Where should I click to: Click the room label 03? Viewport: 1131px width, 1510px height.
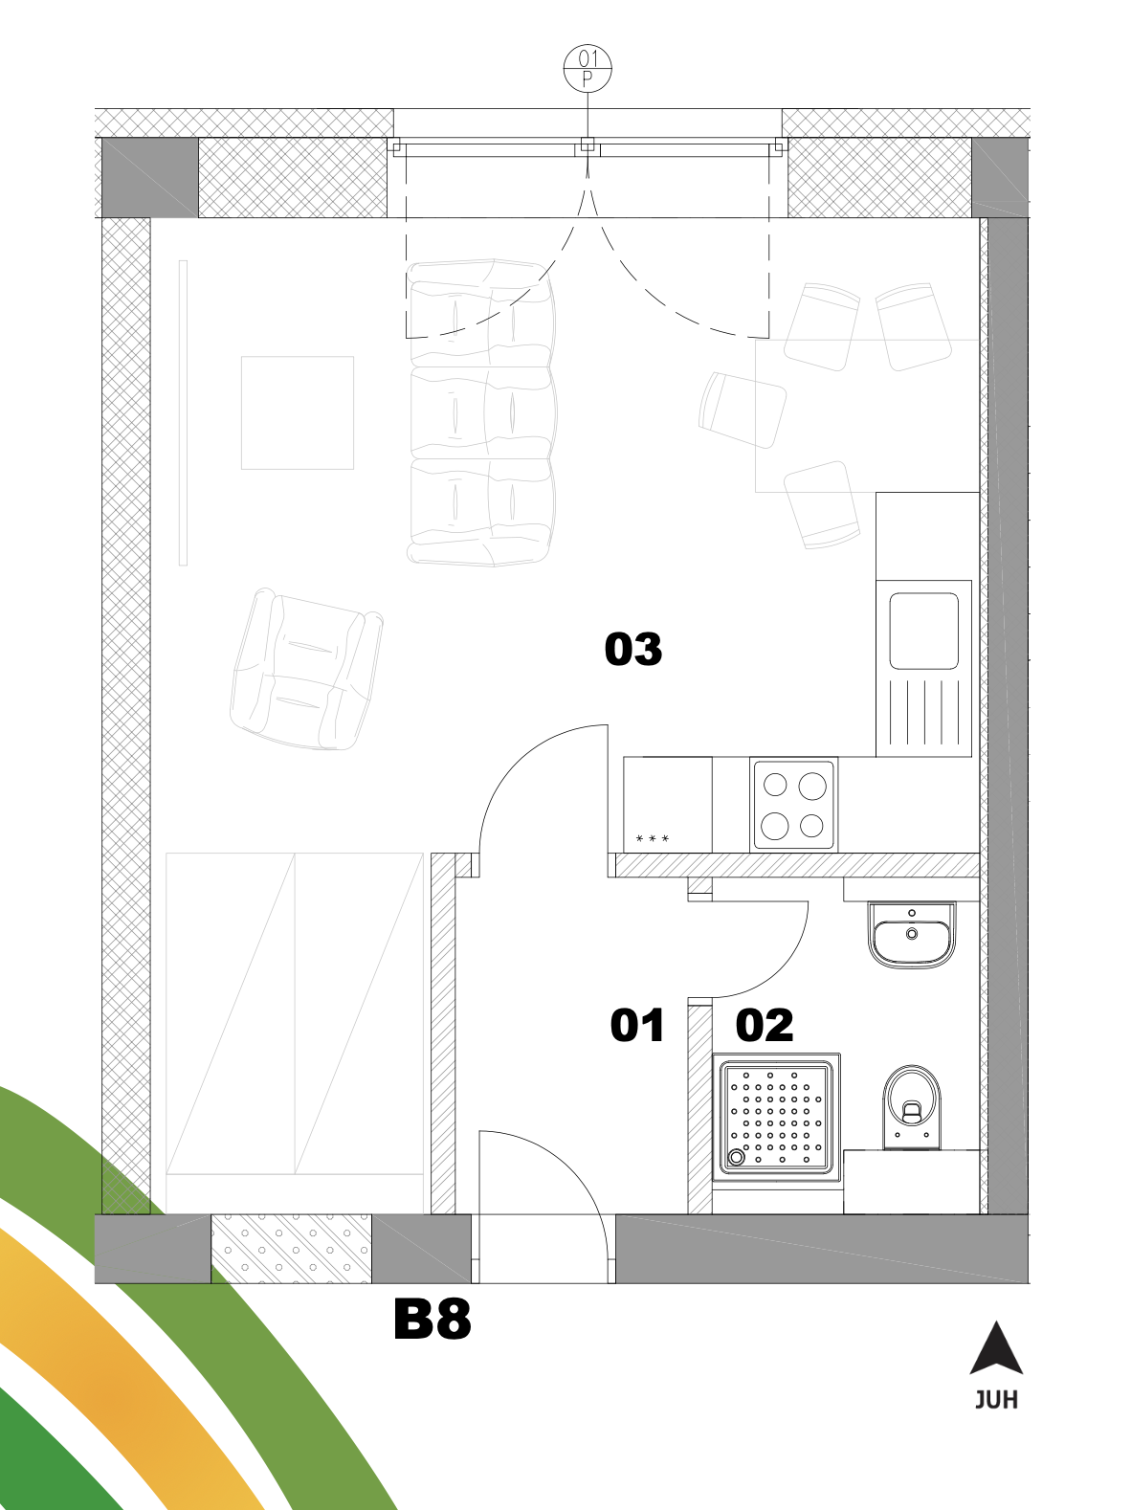(x=632, y=650)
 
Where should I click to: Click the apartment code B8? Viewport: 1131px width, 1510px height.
(x=432, y=1320)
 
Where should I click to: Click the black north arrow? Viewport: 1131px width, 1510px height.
(x=996, y=1347)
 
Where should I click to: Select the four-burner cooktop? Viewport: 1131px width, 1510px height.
(x=794, y=804)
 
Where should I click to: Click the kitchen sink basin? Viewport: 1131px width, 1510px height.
(x=923, y=632)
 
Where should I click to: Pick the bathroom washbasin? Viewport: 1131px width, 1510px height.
(x=912, y=936)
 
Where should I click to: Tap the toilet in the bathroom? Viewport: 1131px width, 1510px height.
(x=912, y=1107)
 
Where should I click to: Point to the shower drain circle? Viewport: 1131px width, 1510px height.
(x=736, y=1158)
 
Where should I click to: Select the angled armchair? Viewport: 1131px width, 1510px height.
(x=306, y=669)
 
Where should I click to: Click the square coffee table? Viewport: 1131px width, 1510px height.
(x=298, y=412)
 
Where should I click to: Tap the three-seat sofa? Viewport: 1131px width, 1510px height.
(x=481, y=412)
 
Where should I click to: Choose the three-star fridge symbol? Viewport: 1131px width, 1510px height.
(x=653, y=838)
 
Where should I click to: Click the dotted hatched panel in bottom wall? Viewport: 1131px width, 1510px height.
(x=291, y=1250)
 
